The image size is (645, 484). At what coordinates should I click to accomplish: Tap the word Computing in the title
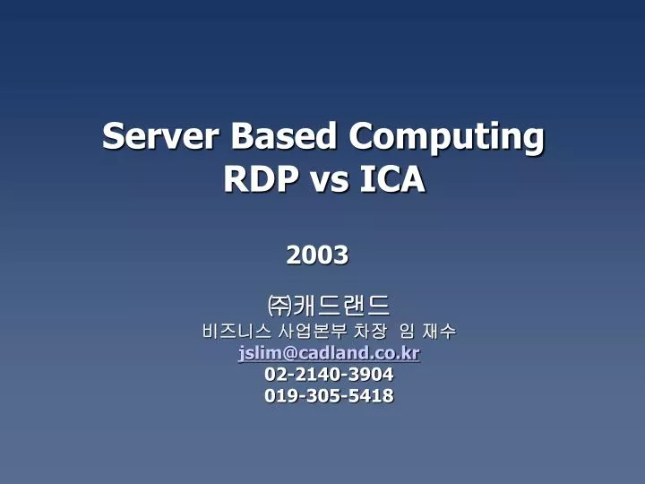coord(445,138)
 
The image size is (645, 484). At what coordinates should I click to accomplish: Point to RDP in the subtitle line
coord(260,180)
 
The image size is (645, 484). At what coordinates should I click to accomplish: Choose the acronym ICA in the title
coord(392,180)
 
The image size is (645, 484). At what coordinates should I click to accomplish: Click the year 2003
coord(317,255)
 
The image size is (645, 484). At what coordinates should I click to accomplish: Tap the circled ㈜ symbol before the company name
coord(280,305)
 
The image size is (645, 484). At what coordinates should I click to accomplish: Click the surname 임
coord(406,332)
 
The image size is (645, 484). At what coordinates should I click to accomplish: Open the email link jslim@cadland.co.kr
coord(329,353)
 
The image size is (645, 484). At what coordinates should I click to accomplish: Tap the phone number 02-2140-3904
coord(329,375)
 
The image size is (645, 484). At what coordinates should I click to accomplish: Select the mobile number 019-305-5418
coord(329,395)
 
